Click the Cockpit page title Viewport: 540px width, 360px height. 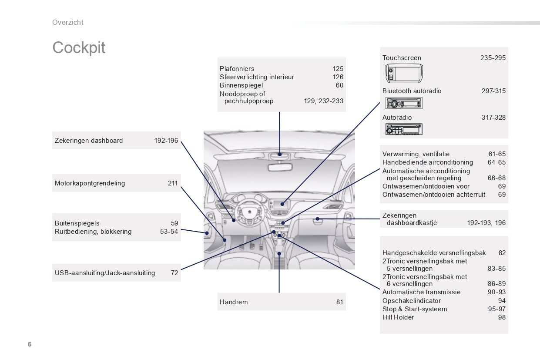(79, 48)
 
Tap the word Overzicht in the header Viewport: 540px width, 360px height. (68, 23)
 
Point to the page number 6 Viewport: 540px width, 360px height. (30, 344)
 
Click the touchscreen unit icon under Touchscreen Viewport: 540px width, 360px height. (404, 73)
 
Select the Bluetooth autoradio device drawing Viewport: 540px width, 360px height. (404, 103)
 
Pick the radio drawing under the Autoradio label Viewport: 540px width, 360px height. (404, 129)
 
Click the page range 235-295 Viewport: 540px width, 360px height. (493, 58)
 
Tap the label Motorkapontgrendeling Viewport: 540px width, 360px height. (90, 183)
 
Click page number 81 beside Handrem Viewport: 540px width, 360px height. (340, 302)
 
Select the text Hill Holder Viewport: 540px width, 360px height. (398, 317)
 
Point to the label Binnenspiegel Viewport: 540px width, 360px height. (241, 85)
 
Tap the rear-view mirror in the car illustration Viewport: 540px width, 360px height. (280, 167)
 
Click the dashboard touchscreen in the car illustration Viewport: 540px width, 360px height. (280, 205)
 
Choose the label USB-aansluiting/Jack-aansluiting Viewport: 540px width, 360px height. (105, 273)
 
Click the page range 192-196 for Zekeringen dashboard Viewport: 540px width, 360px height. (166, 141)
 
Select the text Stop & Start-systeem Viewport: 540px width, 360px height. (415, 309)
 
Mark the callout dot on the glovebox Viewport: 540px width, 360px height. (318, 219)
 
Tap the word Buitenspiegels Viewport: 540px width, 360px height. (77, 223)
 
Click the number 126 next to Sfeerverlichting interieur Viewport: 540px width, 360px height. (338, 77)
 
